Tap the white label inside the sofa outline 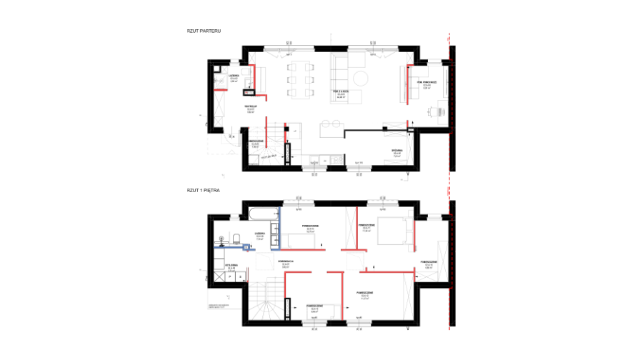click(341, 95)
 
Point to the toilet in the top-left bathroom click(245, 72)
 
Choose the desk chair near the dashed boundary click(436, 111)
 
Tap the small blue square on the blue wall click(246, 247)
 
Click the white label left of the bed click(366, 229)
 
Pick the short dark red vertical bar click(248, 274)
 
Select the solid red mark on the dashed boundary click(448, 191)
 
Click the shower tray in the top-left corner click(221, 81)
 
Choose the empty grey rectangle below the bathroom click(231, 137)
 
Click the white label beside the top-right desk click(426, 86)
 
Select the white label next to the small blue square click(259, 238)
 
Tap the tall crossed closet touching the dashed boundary click(442, 261)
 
